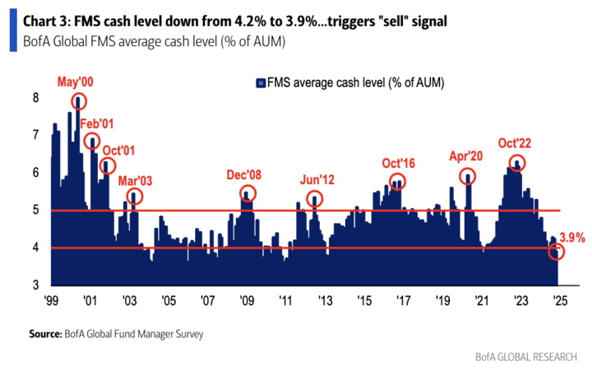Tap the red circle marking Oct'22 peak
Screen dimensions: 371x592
pos(517,163)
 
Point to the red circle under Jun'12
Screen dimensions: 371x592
pos(315,199)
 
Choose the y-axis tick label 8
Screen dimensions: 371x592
pos(35,97)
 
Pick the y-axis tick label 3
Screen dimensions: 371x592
pos(35,285)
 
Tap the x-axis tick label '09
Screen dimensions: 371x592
pos(245,299)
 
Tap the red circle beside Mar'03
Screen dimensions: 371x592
pos(135,197)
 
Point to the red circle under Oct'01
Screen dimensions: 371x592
pos(108,166)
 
